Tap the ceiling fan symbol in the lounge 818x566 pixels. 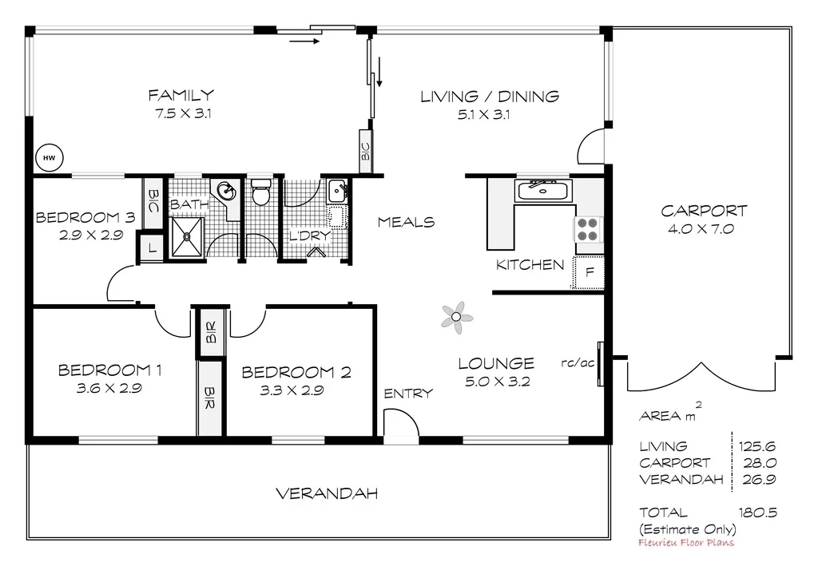pyautogui.click(x=456, y=317)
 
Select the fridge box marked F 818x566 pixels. pyautogui.click(x=590, y=272)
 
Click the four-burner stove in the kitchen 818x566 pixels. pyautogui.click(x=587, y=230)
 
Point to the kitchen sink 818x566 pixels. pyautogui.click(x=543, y=191)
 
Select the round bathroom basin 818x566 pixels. pyautogui.click(x=227, y=191)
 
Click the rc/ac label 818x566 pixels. pyautogui.click(x=578, y=362)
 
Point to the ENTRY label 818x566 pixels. pyautogui.click(x=408, y=393)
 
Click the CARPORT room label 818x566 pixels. pyautogui.click(x=704, y=212)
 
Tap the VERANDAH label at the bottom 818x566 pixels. pyautogui.click(x=327, y=493)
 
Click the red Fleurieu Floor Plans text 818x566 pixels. pyautogui.click(x=686, y=543)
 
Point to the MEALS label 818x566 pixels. pyautogui.click(x=406, y=222)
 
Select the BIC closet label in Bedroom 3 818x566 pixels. pyautogui.click(x=152, y=200)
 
